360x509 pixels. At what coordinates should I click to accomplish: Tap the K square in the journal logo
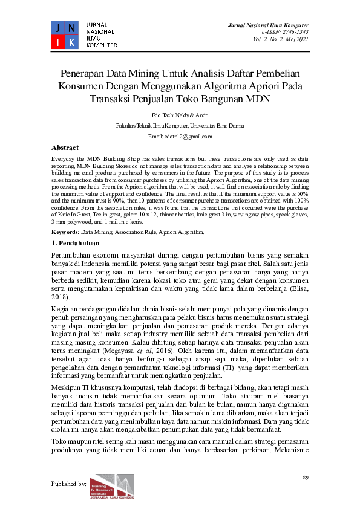[x=71, y=42]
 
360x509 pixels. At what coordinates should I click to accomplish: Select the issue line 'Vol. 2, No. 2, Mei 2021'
[x=281, y=39]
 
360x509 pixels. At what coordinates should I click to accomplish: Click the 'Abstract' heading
[x=65, y=148]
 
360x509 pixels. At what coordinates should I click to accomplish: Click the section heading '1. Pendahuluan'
[x=75, y=242]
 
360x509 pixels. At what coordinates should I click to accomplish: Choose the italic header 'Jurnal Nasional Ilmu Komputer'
[x=267, y=24]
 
